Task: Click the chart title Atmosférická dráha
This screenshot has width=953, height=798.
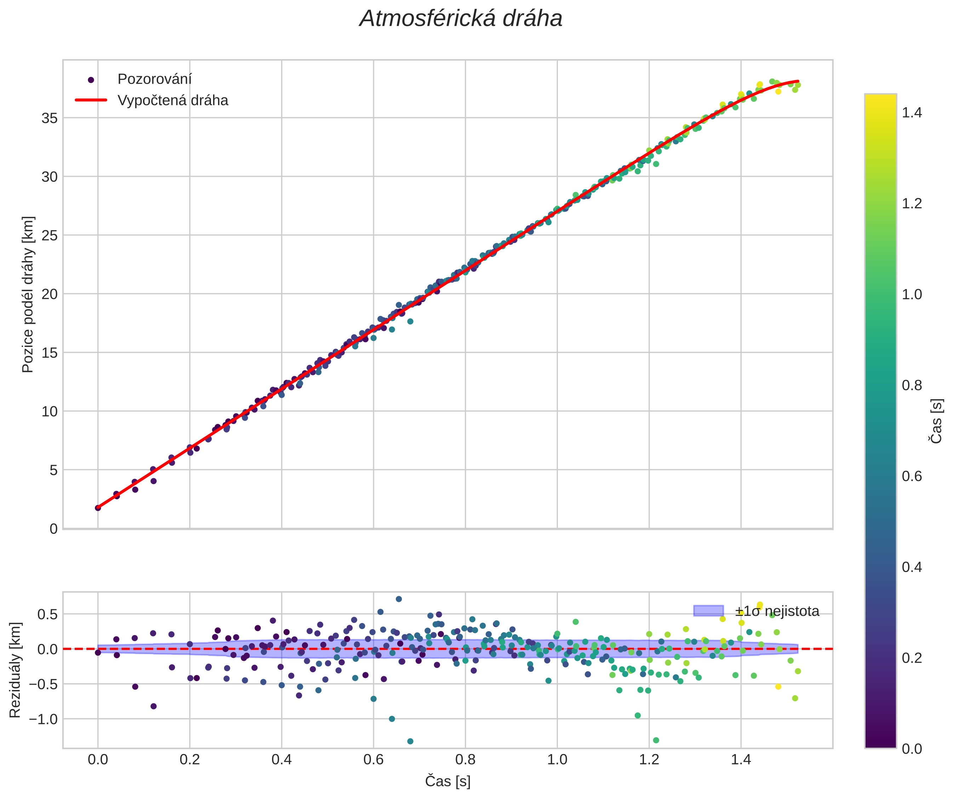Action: point(461,19)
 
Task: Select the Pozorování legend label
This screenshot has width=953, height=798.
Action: point(154,79)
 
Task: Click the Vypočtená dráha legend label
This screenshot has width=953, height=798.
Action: point(172,100)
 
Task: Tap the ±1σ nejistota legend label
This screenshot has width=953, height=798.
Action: point(777,611)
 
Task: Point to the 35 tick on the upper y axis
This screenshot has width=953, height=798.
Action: point(50,118)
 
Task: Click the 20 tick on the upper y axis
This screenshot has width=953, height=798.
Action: point(50,294)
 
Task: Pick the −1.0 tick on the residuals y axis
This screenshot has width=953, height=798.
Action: point(44,719)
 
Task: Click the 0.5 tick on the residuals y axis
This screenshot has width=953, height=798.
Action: point(47,614)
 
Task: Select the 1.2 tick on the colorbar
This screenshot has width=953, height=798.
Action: point(912,203)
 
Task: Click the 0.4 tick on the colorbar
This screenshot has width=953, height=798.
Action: point(912,567)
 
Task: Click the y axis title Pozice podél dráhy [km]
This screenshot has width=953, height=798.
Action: point(28,294)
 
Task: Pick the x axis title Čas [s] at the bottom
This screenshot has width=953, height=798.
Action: point(447,781)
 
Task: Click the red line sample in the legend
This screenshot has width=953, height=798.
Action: point(91,100)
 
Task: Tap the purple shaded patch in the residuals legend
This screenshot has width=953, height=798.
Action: point(708,611)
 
